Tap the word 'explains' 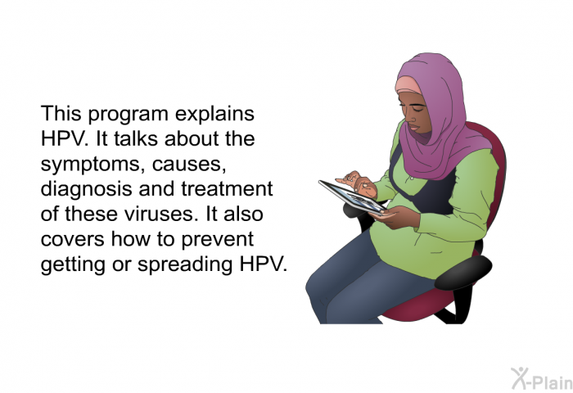[x=214, y=113]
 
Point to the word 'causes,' [x=189, y=165]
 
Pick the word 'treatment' [x=227, y=189]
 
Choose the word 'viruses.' [x=160, y=214]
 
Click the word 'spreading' [x=185, y=264]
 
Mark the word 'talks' [x=136, y=139]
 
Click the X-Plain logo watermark [x=542, y=379]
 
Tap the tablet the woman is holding [x=353, y=197]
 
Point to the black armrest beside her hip [x=462, y=272]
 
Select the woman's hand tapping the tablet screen [x=356, y=183]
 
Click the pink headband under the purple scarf [x=408, y=85]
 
